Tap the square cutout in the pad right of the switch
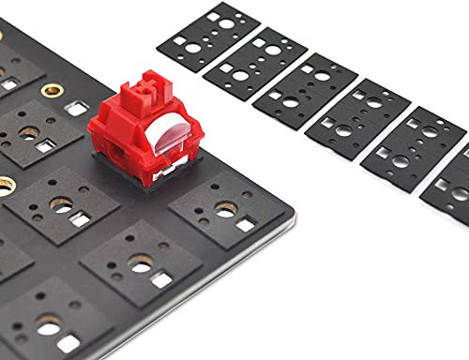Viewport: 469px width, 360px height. click(246, 225)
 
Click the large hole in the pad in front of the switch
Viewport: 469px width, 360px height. click(141, 267)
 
